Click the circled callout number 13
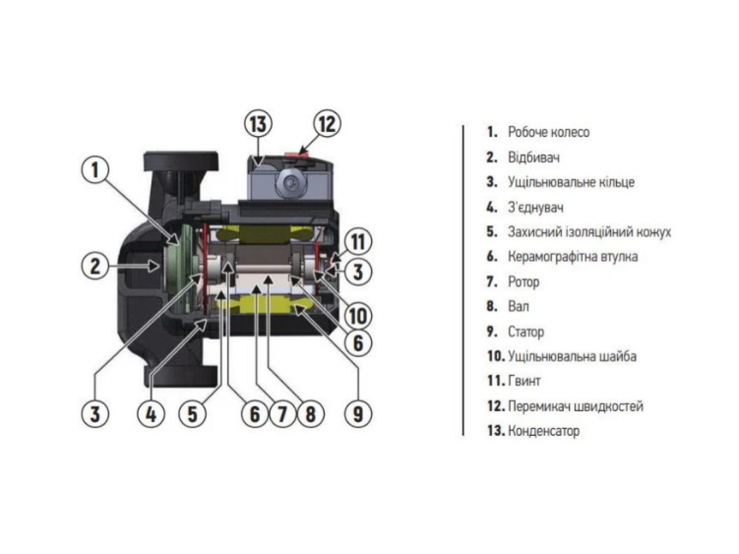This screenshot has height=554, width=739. pos(258,124)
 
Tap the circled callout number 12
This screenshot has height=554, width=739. pos(327,124)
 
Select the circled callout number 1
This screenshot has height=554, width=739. pos(95,171)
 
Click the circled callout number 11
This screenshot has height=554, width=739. pos(357,242)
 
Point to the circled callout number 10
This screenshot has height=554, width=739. pos(357,316)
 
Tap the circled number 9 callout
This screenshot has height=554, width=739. pos(358,414)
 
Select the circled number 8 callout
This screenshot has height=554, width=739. pos(311,414)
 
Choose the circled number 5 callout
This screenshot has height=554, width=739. pos(193,414)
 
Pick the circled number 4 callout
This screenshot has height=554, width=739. pos(151,414)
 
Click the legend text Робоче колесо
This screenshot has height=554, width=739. pos(548,132)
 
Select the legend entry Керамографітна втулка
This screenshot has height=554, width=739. pos(572,257)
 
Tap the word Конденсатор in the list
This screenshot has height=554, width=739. pos(544,431)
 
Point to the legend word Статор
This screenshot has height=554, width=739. pos(526,332)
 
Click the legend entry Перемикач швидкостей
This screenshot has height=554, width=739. pos(575,406)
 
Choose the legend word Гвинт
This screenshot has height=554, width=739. pos(524,381)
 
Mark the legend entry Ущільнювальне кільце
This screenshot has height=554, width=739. pos(571,182)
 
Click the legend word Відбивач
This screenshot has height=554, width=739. pos(534,158)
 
